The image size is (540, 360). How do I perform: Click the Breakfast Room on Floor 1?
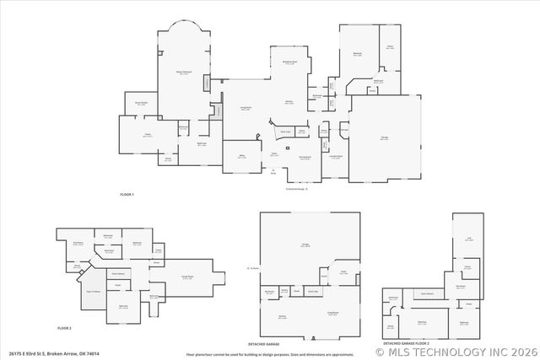[289, 64]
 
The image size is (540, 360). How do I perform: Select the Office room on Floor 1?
[240, 157]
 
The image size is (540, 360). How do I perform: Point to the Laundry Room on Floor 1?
[335, 157]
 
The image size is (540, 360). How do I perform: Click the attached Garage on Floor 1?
[385, 139]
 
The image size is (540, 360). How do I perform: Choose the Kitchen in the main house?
[289, 103]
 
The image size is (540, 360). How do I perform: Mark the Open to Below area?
[94, 291]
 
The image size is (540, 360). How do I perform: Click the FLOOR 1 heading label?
[127, 195]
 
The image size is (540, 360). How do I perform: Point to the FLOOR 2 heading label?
[65, 327]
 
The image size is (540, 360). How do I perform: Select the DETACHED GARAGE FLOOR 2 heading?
[406, 344]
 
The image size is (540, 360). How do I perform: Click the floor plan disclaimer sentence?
[253, 354]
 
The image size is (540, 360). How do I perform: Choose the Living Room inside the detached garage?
[333, 313]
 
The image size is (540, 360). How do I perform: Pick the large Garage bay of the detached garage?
[305, 245]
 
